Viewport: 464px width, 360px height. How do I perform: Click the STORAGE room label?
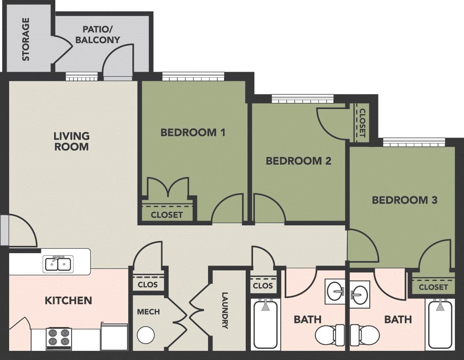(26, 40)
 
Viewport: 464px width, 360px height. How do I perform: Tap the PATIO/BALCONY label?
(97, 34)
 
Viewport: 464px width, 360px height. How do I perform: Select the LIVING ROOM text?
(71, 141)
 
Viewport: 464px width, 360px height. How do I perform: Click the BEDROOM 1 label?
(193, 132)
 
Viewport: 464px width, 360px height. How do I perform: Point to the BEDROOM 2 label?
(298, 161)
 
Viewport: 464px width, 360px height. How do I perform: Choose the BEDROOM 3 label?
(404, 200)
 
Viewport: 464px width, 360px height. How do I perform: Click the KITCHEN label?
(68, 301)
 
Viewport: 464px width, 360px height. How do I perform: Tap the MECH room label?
(148, 312)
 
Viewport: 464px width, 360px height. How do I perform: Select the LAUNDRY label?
(225, 310)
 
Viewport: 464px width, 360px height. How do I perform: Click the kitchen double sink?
(58, 263)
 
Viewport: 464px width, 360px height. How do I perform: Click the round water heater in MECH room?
(146, 334)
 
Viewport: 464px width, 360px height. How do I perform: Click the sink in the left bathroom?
(335, 292)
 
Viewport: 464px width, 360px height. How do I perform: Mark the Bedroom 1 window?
(193, 77)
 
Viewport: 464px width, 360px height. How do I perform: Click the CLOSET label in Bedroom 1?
(167, 215)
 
